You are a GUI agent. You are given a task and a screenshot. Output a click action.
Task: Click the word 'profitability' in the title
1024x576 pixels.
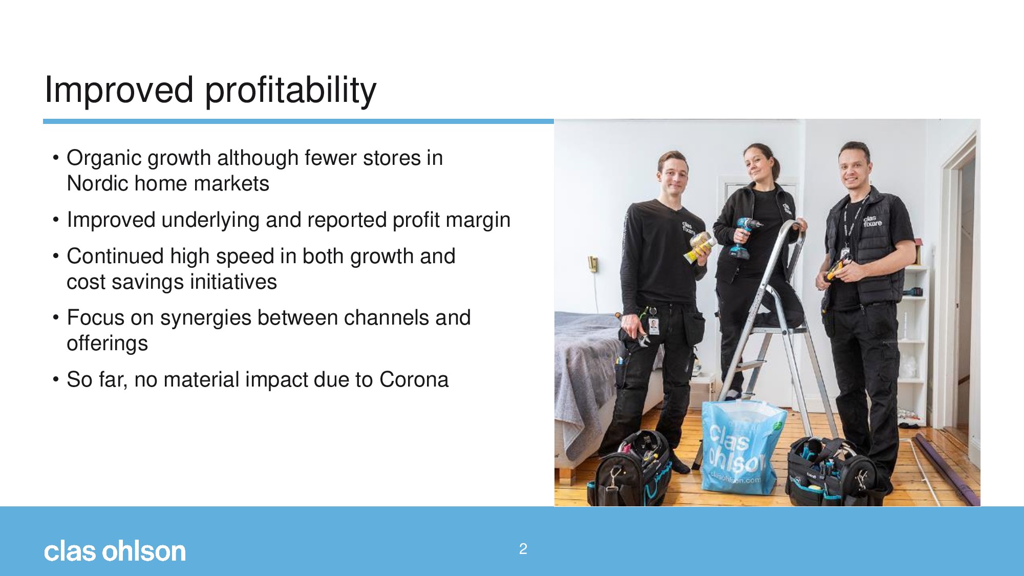pos(291,90)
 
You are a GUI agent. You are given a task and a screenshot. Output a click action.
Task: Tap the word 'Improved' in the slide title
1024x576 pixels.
pos(119,90)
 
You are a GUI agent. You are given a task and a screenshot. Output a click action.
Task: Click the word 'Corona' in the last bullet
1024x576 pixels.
pos(414,379)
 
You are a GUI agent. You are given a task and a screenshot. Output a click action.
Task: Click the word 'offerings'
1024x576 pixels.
pos(107,344)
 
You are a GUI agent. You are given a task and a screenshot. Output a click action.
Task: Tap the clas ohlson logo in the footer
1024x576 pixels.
pos(115,551)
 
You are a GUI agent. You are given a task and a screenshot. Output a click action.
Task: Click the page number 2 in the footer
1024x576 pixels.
pos(523,549)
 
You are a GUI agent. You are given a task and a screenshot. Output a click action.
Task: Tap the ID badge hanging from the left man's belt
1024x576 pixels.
pos(654,326)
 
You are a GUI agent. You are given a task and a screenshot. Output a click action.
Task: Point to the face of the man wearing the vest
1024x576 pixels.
pos(854,168)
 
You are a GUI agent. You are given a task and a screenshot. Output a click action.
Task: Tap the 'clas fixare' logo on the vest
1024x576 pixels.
pos(872,221)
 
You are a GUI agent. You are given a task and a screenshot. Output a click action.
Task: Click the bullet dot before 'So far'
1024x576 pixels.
pos(56,380)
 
